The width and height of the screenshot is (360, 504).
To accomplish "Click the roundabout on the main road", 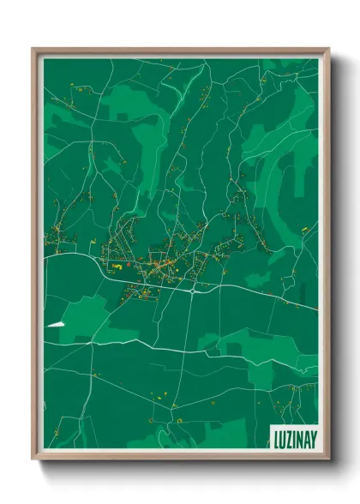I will (194, 290).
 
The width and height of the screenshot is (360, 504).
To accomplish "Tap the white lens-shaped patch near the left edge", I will (57, 324).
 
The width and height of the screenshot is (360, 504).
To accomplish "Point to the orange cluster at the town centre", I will (163, 268).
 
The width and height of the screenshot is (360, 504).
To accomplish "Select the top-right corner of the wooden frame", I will (328, 50).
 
